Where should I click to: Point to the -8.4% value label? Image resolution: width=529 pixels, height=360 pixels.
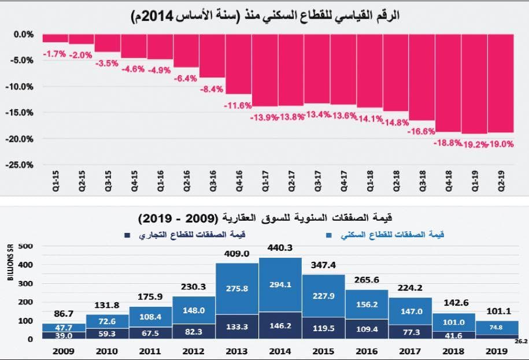click(212, 90)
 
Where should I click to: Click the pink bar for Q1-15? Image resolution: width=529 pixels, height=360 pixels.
click(55, 38)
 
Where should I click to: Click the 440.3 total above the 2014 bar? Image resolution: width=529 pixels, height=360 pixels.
click(280, 247)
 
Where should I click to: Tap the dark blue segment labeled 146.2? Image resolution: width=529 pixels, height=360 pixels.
click(280, 326)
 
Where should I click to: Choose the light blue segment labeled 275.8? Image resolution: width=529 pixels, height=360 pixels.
click(237, 287)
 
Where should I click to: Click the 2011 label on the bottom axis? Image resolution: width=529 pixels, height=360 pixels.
click(151, 350)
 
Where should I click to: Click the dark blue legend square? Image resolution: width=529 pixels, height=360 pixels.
click(127, 235)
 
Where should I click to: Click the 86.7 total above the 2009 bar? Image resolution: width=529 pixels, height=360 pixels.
click(64, 314)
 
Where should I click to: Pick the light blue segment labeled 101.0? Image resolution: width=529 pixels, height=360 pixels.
click(453, 322)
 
